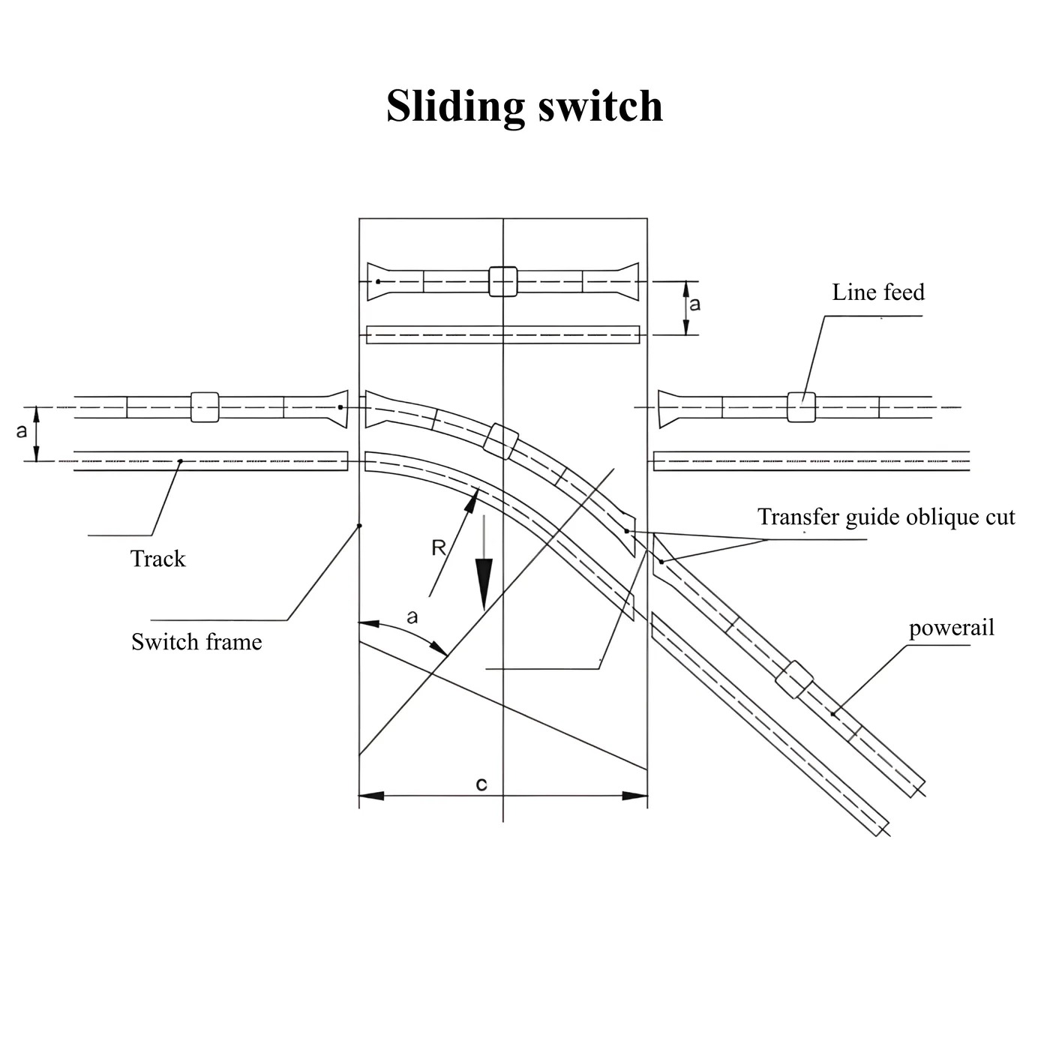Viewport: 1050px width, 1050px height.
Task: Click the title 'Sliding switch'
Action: [524, 106]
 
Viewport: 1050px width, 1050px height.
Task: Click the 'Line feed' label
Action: [877, 292]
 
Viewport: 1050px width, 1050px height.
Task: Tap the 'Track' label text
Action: [157, 559]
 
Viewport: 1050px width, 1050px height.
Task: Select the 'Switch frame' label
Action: [196, 642]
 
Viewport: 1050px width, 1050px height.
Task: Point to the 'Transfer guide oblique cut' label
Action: [886, 517]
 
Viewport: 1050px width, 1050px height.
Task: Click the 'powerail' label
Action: [952, 628]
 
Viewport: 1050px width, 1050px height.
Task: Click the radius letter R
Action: [438, 547]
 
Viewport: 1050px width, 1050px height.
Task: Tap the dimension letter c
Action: [481, 784]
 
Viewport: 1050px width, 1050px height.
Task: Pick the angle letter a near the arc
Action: [412, 617]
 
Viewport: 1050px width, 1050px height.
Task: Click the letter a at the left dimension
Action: [21, 431]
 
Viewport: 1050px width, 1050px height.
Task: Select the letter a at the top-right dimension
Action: [694, 304]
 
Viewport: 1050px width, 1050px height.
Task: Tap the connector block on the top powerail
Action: [503, 281]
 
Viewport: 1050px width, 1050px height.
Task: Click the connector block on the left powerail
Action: [205, 407]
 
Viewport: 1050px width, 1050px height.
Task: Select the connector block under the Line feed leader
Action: [802, 407]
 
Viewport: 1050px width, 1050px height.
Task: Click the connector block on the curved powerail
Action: [501, 441]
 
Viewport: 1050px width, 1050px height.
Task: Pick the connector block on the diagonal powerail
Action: [794, 679]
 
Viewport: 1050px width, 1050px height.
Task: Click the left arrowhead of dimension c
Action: [371, 796]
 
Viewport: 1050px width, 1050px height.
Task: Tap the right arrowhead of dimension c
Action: [634, 796]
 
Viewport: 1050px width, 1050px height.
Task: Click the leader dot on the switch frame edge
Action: [360, 526]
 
